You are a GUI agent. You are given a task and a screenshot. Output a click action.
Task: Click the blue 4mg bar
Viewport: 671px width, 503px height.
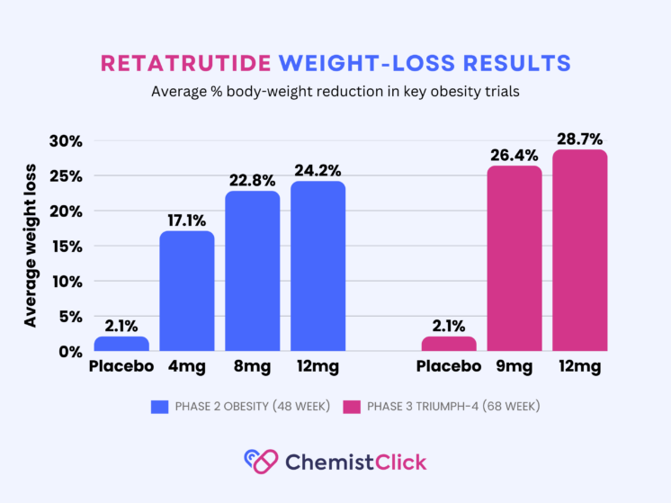pyautogui.click(x=187, y=292)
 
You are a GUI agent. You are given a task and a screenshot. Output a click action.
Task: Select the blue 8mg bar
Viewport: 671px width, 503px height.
pyautogui.click(x=253, y=271)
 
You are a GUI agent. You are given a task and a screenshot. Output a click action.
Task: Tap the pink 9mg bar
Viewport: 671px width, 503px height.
pyautogui.click(x=514, y=258)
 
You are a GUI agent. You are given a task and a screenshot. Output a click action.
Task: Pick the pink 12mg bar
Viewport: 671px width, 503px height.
pyautogui.click(x=580, y=250)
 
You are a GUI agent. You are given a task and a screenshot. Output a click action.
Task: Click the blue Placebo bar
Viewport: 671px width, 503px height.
pyautogui.click(x=121, y=344)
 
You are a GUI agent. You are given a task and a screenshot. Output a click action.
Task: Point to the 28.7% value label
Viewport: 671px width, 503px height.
pyautogui.click(x=580, y=139)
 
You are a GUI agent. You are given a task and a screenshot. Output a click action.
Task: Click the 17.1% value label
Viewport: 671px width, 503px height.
pyautogui.click(x=186, y=220)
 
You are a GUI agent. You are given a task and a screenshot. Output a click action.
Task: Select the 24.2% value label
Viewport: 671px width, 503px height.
pyautogui.click(x=318, y=171)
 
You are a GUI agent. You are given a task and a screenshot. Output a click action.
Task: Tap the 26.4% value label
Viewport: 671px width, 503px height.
pyautogui.click(x=514, y=155)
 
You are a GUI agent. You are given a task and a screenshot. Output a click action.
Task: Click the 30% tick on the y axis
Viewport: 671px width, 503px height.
pyautogui.click(x=66, y=141)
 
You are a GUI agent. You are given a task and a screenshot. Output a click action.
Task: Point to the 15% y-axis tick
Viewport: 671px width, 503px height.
pyautogui.click(x=67, y=247)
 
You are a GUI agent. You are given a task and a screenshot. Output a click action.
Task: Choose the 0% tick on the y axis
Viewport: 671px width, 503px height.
pyautogui.click(x=71, y=352)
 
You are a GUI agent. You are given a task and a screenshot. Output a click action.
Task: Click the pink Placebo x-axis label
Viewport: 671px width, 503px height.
pyautogui.click(x=449, y=366)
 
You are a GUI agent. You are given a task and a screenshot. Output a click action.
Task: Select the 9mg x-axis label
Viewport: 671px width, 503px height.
pyautogui.click(x=514, y=367)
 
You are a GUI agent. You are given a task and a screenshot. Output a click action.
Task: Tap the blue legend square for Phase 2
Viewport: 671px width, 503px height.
pyautogui.click(x=159, y=407)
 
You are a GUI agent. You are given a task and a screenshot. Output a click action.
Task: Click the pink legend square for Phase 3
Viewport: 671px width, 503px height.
pyautogui.click(x=352, y=407)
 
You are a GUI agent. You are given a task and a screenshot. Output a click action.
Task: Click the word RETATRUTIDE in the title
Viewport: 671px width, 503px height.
pyautogui.click(x=185, y=63)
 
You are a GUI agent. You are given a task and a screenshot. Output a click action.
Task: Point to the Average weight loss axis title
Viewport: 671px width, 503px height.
pyautogui.click(x=31, y=246)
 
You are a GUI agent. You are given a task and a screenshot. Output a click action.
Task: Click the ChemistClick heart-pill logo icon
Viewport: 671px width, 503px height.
pyautogui.click(x=261, y=462)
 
